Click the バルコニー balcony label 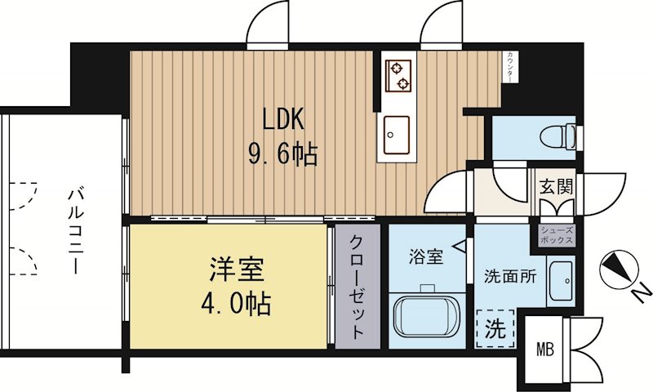pyautogui.click(x=76, y=231)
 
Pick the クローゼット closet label pyautogui.click(x=358, y=287)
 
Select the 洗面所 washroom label pyautogui.click(x=510, y=276)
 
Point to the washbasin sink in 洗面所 pyautogui.click(x=561, y=283)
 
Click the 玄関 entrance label pyautogui.click(x=555, y=186)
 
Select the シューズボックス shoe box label pyautogui.click(x=557, y=235)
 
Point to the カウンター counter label pyautogui.click(x=510, y=66)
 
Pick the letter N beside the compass pyautogui.click(x=641, y=289)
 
